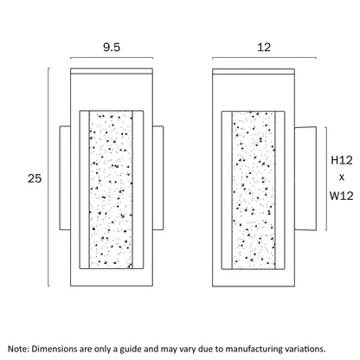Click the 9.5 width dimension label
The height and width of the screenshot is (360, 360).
coord(112,47)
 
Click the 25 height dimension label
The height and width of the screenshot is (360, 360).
coord(35,178)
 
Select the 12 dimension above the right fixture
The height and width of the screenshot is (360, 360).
coord(264,47)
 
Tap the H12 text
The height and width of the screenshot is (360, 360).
coord(342,160)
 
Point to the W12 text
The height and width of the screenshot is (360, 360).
coord(342,196)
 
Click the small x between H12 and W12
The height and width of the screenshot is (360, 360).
coord(342,177)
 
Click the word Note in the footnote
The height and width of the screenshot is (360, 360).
coord(18,349)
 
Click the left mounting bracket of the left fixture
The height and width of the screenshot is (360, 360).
coord(65,178)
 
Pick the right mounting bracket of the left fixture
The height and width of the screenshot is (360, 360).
coord(158,178)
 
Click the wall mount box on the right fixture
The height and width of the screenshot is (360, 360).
coord(305,178)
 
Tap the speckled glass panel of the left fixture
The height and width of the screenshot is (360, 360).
coord(111,190)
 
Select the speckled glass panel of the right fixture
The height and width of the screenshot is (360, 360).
coord(254,190)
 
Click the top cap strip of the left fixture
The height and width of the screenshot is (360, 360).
coord(112,71)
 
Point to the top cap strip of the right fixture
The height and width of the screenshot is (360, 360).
coord(254,72)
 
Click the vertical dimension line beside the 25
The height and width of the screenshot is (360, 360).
coord(48,177)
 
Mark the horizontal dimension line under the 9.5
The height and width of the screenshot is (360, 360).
coord(112,58)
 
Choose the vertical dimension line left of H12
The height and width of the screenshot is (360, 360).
coord(326,178)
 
